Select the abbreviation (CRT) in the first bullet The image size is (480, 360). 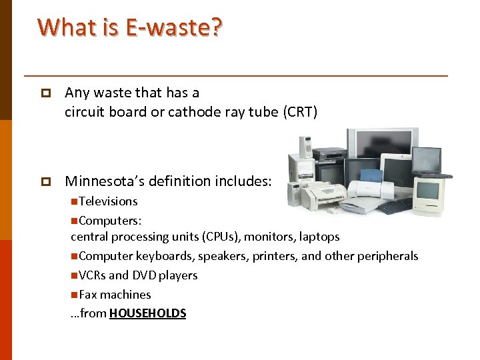[300, 112]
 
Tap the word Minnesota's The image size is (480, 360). [102, 181]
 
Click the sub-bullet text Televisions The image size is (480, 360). [107, 201]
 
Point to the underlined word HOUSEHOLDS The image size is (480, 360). [147, 313]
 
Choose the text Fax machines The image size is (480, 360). [114, 295]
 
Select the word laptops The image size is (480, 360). [319, 237]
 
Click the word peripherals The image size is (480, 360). [387, 256]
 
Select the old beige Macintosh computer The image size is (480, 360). [429, 195]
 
